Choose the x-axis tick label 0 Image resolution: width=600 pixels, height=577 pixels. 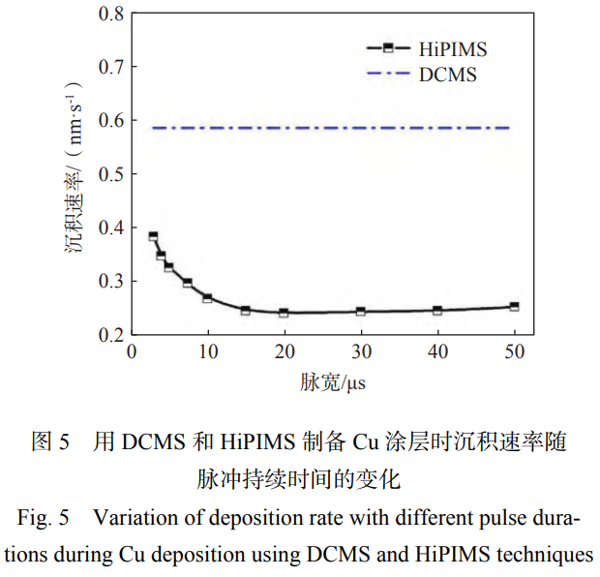tap(132, 352)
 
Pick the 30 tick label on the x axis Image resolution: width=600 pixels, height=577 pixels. tap(360, 352)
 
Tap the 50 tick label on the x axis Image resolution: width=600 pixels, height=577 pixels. tap(513, 352)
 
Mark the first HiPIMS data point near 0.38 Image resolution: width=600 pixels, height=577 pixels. tap(153, 236)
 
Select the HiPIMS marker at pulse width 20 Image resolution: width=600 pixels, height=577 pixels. tap(284, 313)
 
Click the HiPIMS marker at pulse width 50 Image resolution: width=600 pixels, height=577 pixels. tap(514, 306)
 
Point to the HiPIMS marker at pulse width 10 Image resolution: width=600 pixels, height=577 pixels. tap(207, 298)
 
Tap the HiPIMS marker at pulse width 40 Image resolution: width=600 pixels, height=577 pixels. tap(437, 311)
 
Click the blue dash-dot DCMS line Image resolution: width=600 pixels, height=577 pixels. tap(329, 128)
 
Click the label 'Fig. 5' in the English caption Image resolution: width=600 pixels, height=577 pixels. tap(44, 518)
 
